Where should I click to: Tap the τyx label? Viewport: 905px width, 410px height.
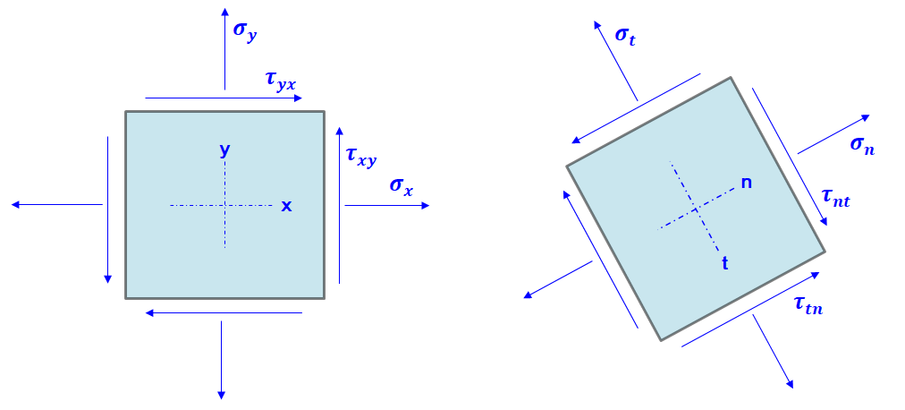click(279, 81)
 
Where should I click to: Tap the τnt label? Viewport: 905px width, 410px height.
click(834, 198)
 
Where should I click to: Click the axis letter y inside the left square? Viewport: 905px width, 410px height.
click(224, 150)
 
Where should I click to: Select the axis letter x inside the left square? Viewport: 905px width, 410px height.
click(286, 206)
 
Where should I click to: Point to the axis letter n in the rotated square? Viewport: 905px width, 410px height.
click(746, 184)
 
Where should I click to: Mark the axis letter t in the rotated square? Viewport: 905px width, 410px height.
click(724, 263)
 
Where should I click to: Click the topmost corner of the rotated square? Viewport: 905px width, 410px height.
click(731, 78)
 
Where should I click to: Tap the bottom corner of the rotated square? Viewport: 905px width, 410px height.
click(661, 340)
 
